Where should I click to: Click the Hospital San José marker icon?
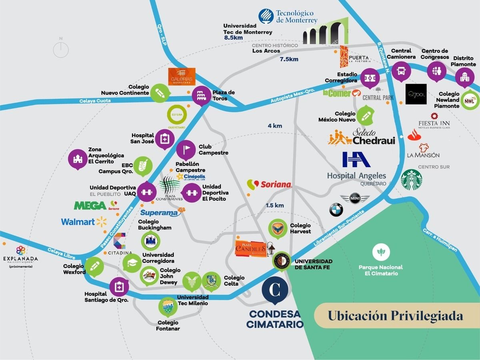[164, 139]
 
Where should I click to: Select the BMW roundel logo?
[336, 210]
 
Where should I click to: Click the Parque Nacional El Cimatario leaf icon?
[381, 252]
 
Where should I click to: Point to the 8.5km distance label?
[234, 38]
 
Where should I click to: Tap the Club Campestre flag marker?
[186, 150]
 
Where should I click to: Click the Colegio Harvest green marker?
[277, 228]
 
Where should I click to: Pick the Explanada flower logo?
[21, 250]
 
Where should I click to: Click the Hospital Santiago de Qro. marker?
[119, 286]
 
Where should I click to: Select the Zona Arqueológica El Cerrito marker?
[78, 159]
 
